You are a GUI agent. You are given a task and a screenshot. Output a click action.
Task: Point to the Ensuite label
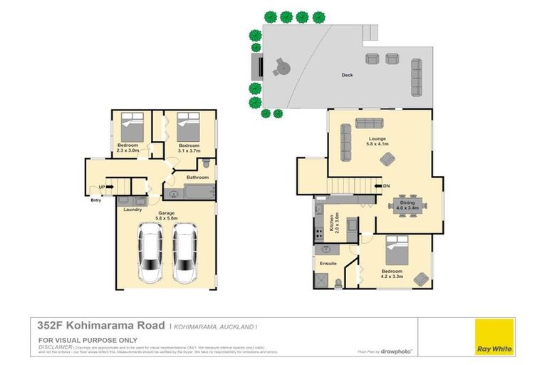[328, 264]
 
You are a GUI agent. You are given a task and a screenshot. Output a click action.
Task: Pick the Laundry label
[132, 209]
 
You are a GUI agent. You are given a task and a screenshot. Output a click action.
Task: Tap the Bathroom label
[197, 177]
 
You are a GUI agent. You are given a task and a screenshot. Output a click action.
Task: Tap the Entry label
[96, 200]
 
